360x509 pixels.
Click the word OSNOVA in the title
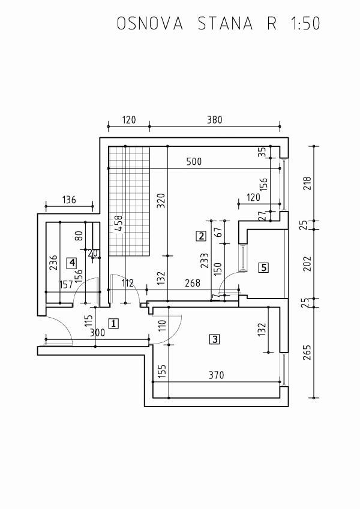[x=150, y=23]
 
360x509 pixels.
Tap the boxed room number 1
[x=113, y=323]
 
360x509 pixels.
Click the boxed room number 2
[x=201, y=236]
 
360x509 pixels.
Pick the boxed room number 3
[x=215, y=339]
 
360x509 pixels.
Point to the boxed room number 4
[x=71, y=263]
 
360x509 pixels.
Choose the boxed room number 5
[x=263, y=267]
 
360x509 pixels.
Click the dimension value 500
[x=194, y=161]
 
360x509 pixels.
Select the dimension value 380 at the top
[x=215, y=120]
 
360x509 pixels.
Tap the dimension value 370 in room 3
[x=217, y=375]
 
